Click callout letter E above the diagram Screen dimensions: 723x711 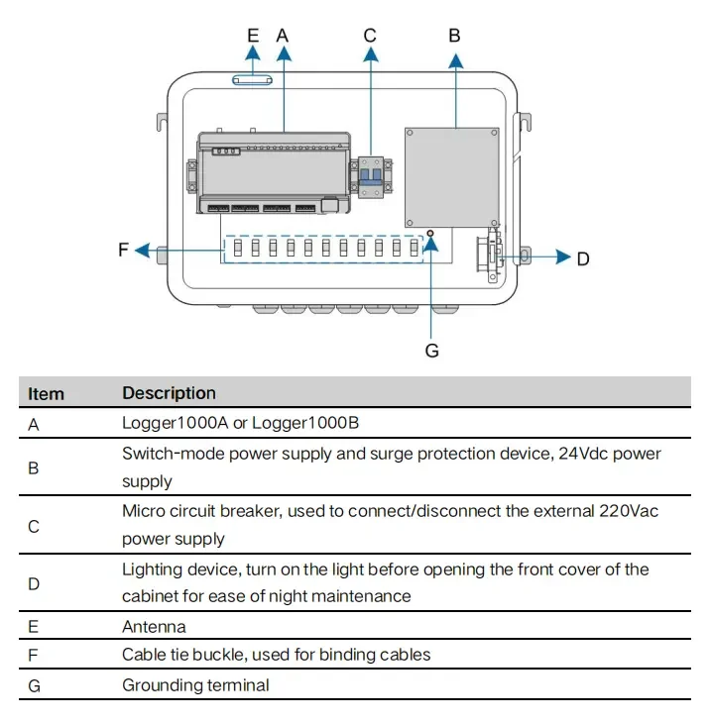point(253,35)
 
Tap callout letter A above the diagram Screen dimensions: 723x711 point(283,35)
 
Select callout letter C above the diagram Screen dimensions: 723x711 point(370,35)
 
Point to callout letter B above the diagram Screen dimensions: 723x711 point(455,35)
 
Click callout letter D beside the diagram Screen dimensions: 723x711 point(583,258)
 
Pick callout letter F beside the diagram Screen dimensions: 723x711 point(124,250)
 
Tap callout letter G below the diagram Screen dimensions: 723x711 point(431,350)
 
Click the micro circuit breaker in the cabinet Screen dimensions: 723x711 point(371,177)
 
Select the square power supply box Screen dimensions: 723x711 point(451,175)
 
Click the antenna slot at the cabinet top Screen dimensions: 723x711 point(253,80)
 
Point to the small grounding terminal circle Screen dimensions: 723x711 point(431,235)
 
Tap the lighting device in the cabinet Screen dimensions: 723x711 point(491,258)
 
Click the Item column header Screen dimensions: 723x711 point(46,393)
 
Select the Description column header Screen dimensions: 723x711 point(169,393)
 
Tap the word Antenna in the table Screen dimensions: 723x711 point(154,626)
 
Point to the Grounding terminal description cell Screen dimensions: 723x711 point(195,684)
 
